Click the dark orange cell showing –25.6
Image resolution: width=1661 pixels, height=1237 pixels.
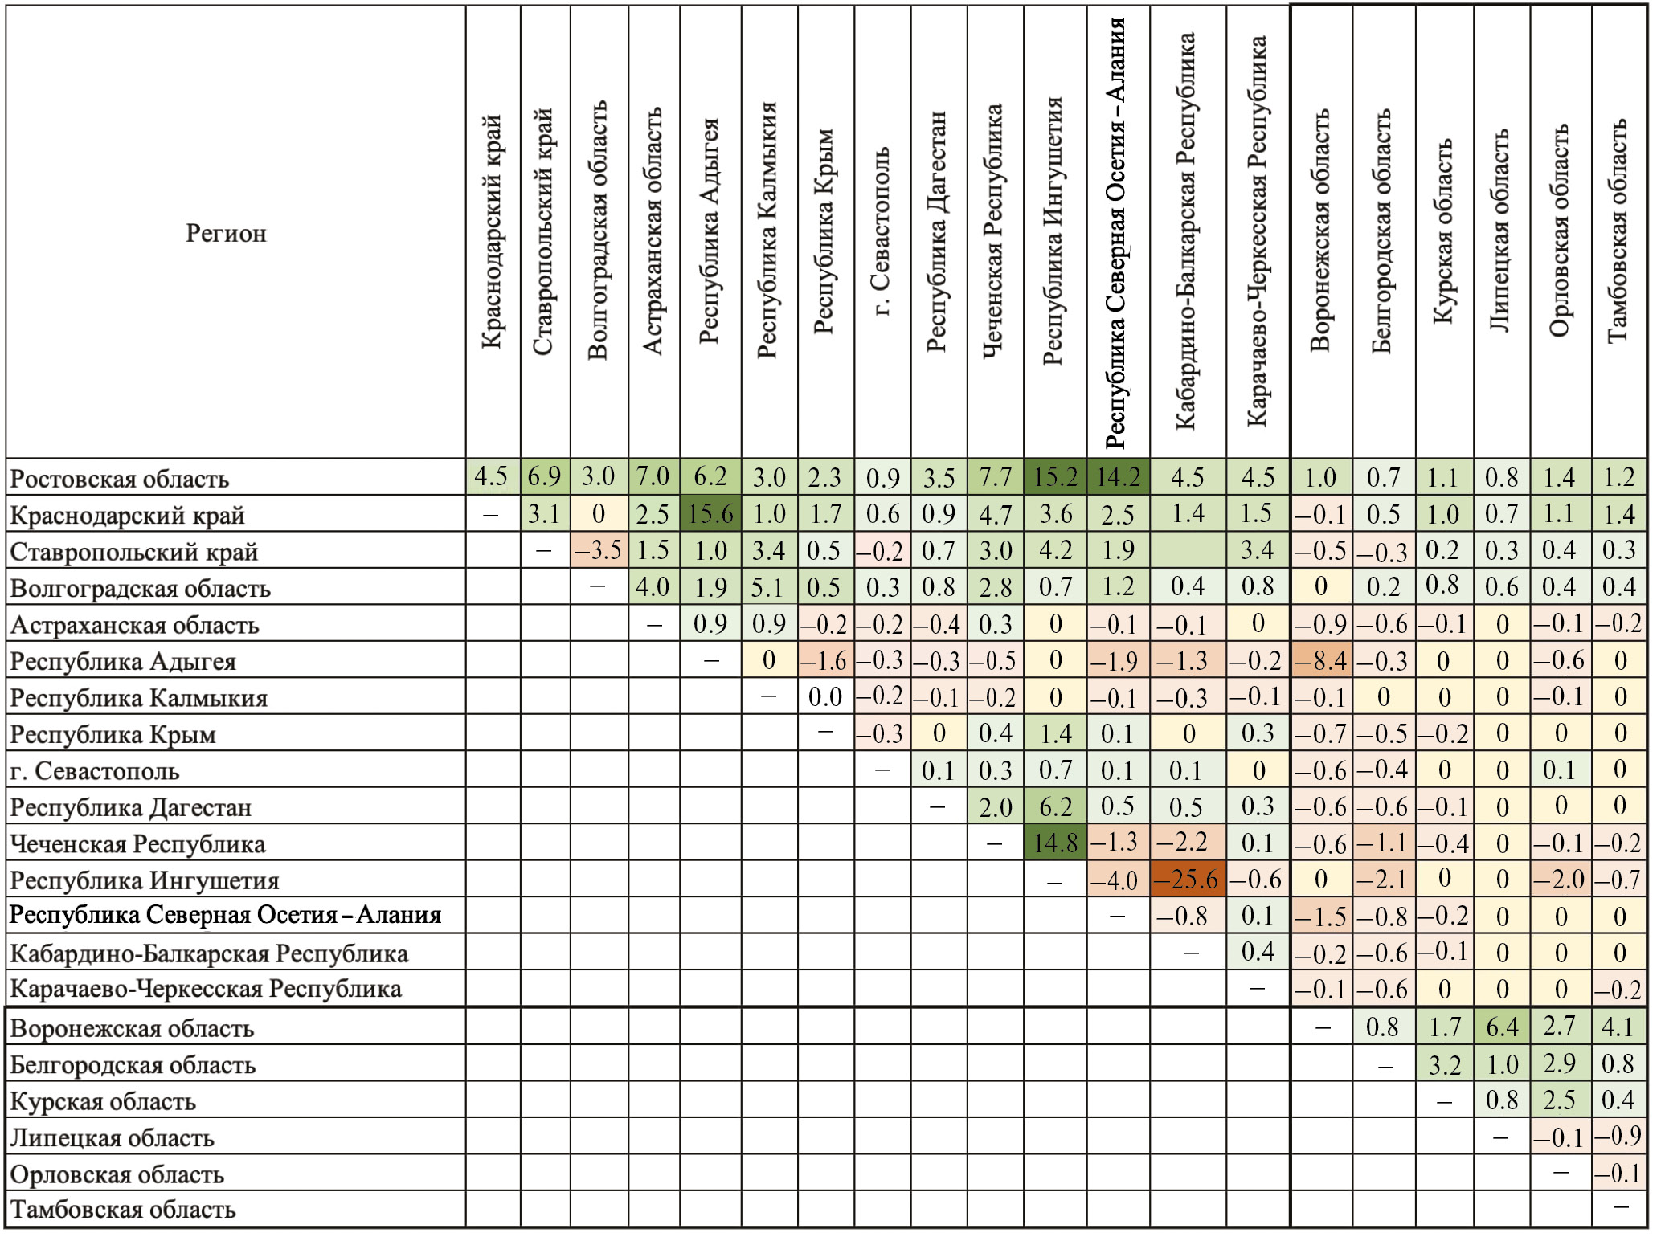(1188, 880)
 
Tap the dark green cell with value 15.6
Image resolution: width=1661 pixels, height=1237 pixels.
(710, 514)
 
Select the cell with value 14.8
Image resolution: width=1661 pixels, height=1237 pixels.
(1055, 843)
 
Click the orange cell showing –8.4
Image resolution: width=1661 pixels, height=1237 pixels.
(1321, 661)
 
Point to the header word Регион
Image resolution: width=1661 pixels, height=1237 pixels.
(226, 234)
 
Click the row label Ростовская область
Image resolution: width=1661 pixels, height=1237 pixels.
(120, 480)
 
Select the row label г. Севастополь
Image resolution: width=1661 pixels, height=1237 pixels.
(95, 772)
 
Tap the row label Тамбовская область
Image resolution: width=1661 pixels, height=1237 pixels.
(123, 1210)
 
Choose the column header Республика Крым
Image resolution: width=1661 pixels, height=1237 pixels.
(825, 231)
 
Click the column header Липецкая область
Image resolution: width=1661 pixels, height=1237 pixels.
(1500, 231)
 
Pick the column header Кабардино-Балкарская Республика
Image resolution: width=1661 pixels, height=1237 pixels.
(1186, 231)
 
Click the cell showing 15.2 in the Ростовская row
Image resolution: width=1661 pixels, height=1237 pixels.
(1055, 477)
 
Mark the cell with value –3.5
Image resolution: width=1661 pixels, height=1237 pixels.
(599, 550)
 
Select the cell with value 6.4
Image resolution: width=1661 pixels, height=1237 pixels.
(1501, 1027)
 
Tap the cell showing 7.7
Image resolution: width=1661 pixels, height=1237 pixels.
(995, 477)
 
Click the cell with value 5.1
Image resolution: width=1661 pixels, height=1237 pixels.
(768, 587)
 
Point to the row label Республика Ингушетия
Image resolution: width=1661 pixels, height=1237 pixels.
(145, 881)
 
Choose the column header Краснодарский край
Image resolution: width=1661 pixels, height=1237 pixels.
(492, 231)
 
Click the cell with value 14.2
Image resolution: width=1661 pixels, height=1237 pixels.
(1118, 477)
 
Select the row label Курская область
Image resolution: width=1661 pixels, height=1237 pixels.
(103, 1102)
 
